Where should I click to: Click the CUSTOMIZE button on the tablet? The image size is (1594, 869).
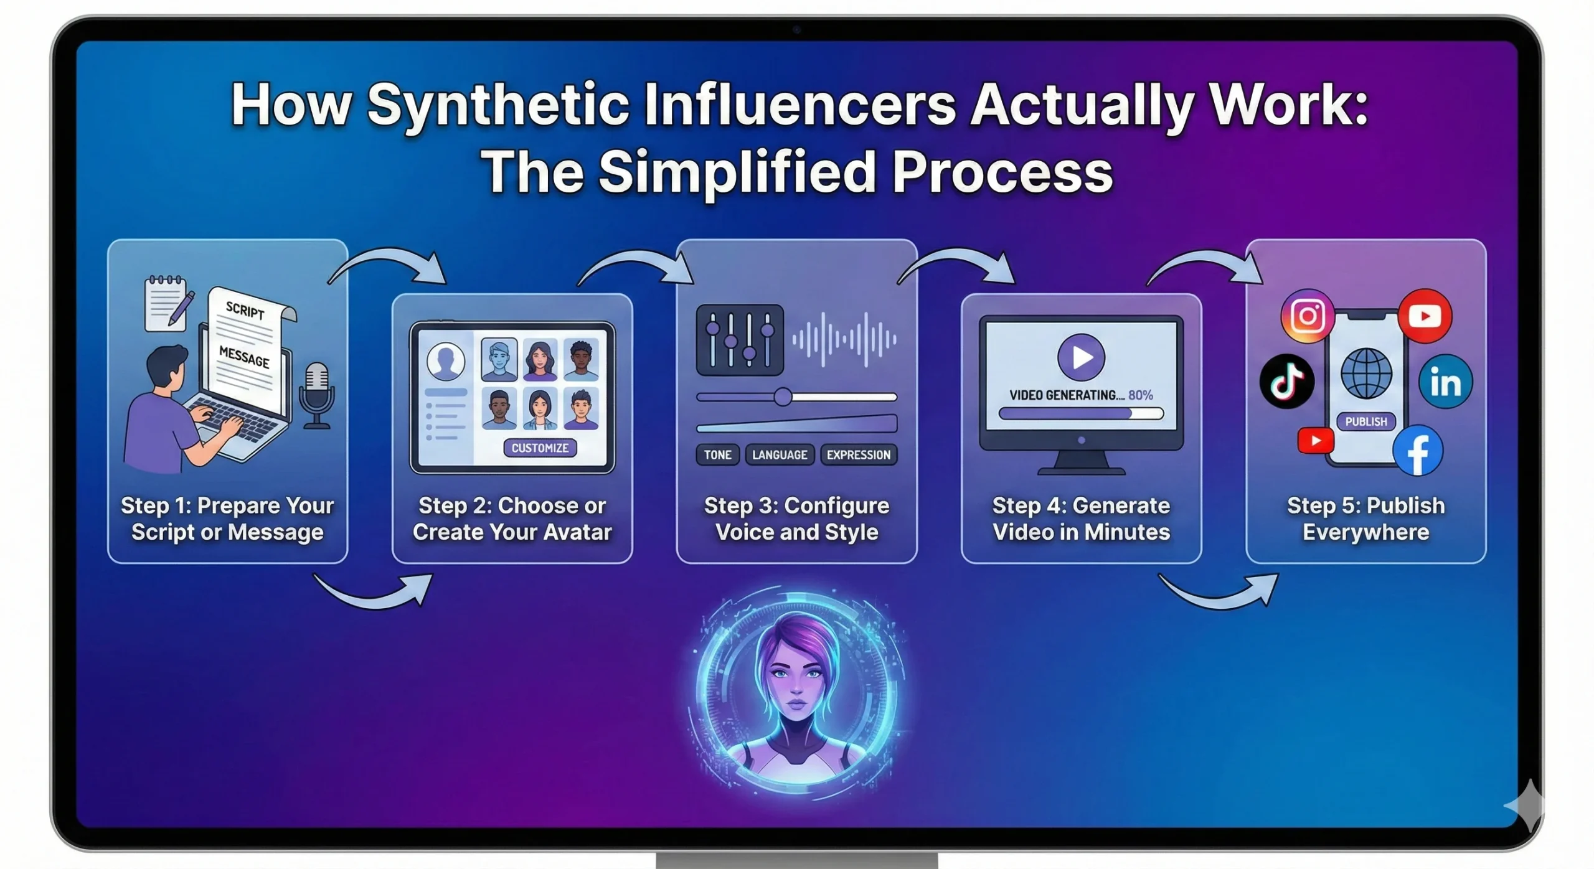point(540,448)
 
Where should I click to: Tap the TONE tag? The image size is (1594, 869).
point(717,455)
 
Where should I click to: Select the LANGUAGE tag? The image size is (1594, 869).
point(780,455)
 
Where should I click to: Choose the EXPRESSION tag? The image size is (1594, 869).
point(859,455)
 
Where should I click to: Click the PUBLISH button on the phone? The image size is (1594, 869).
point(1366,421)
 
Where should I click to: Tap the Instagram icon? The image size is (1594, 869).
point(1308,316)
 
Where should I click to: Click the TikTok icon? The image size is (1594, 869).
point(1287,381)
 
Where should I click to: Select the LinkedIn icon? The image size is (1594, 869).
point(1445,382)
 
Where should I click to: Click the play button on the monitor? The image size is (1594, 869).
point(1081,357)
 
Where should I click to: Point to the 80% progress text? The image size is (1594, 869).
point(1141,395)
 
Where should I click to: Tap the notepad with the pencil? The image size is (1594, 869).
point(166,305)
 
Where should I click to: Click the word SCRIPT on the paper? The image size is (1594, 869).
point(245,309)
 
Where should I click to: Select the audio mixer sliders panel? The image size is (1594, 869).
point(740,340)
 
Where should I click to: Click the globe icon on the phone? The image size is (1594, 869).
point(1366,373)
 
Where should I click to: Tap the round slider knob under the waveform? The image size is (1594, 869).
point(783,397)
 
